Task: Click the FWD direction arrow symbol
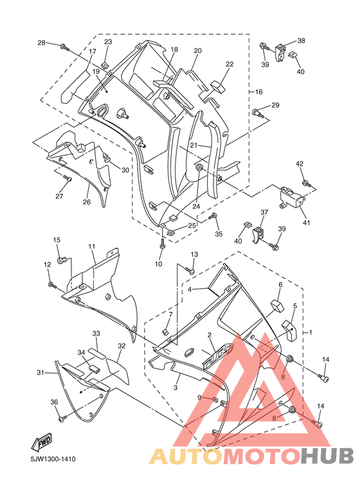click(41, 442)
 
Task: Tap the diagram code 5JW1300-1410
click(53, 458)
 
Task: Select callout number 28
click(42, 42)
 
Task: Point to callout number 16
click(258, 92)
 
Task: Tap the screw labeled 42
click(307, 183)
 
